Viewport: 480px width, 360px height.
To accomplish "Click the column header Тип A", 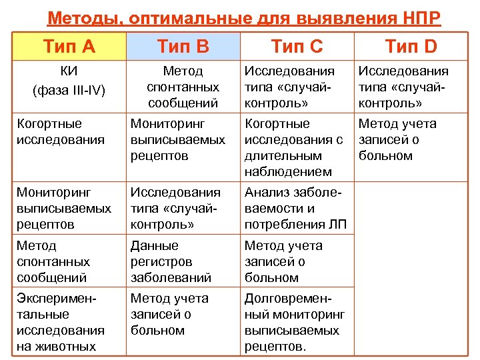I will [x=69, y=46].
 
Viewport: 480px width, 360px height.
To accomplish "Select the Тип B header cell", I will [x=183, y=46].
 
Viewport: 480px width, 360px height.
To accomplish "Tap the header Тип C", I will [x=297, y=46].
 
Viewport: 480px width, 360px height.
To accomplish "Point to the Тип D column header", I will [x=411, y=46].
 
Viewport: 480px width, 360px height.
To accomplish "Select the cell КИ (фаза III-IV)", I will [x=69, y=80].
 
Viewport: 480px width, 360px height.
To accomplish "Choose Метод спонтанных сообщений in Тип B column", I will [x=183, y=87].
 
